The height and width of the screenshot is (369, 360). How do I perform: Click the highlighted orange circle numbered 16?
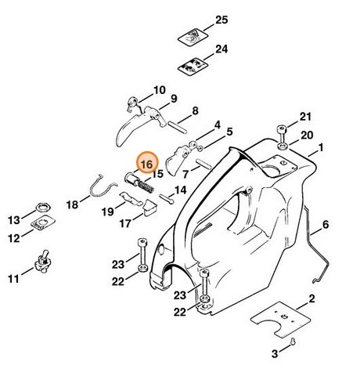[146, 162]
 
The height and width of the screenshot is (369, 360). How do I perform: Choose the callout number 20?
[305, 135]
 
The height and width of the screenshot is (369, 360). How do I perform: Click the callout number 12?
[15, 237]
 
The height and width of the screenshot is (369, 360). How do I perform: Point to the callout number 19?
[110, 211]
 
